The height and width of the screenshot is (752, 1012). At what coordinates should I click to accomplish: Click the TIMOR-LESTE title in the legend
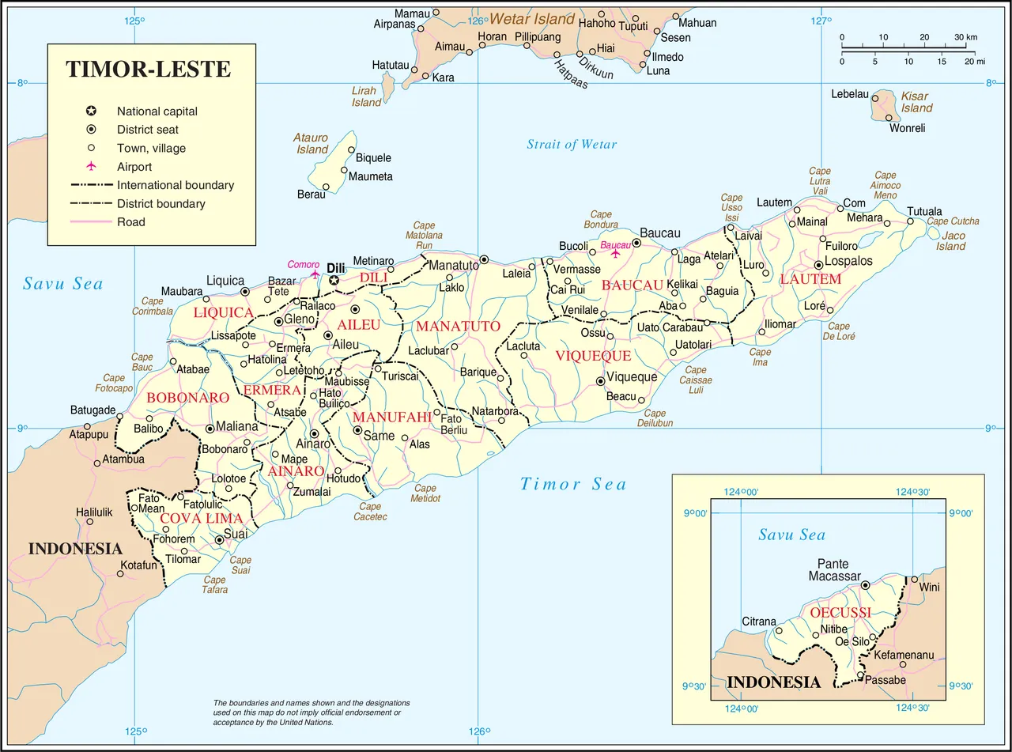(x=149, y=69)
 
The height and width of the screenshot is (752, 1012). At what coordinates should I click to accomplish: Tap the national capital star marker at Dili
(x=334, y=280)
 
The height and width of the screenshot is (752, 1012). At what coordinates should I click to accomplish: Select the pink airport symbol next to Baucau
(x=616, y=254)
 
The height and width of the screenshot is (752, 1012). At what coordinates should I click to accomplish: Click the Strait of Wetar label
(x=572, y=144)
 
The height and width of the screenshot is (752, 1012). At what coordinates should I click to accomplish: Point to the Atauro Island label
(x=312, y=144)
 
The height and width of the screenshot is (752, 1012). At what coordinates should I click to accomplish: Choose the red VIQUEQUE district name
(x=593, y=356)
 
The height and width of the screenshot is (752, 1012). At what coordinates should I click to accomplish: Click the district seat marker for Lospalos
(x=818, y=265)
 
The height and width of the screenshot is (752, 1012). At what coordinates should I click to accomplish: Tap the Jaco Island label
(x=951, y=240)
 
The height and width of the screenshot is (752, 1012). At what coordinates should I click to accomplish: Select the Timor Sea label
(x=573, y=484)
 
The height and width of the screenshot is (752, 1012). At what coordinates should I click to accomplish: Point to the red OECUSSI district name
(x=841, y=612)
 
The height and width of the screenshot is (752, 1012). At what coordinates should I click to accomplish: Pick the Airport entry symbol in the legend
(x=91, y=167)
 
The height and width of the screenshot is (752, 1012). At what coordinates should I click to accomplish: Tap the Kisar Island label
(x=917, y=102)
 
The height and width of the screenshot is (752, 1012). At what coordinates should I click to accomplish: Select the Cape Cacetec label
(x=370, y=512)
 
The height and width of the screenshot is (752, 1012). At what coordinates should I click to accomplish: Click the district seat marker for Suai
(x=220, y=540)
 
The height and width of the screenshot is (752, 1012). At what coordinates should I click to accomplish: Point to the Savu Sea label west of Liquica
(x=63, y=284)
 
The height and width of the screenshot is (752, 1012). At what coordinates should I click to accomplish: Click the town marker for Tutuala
(x=911, y=221)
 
